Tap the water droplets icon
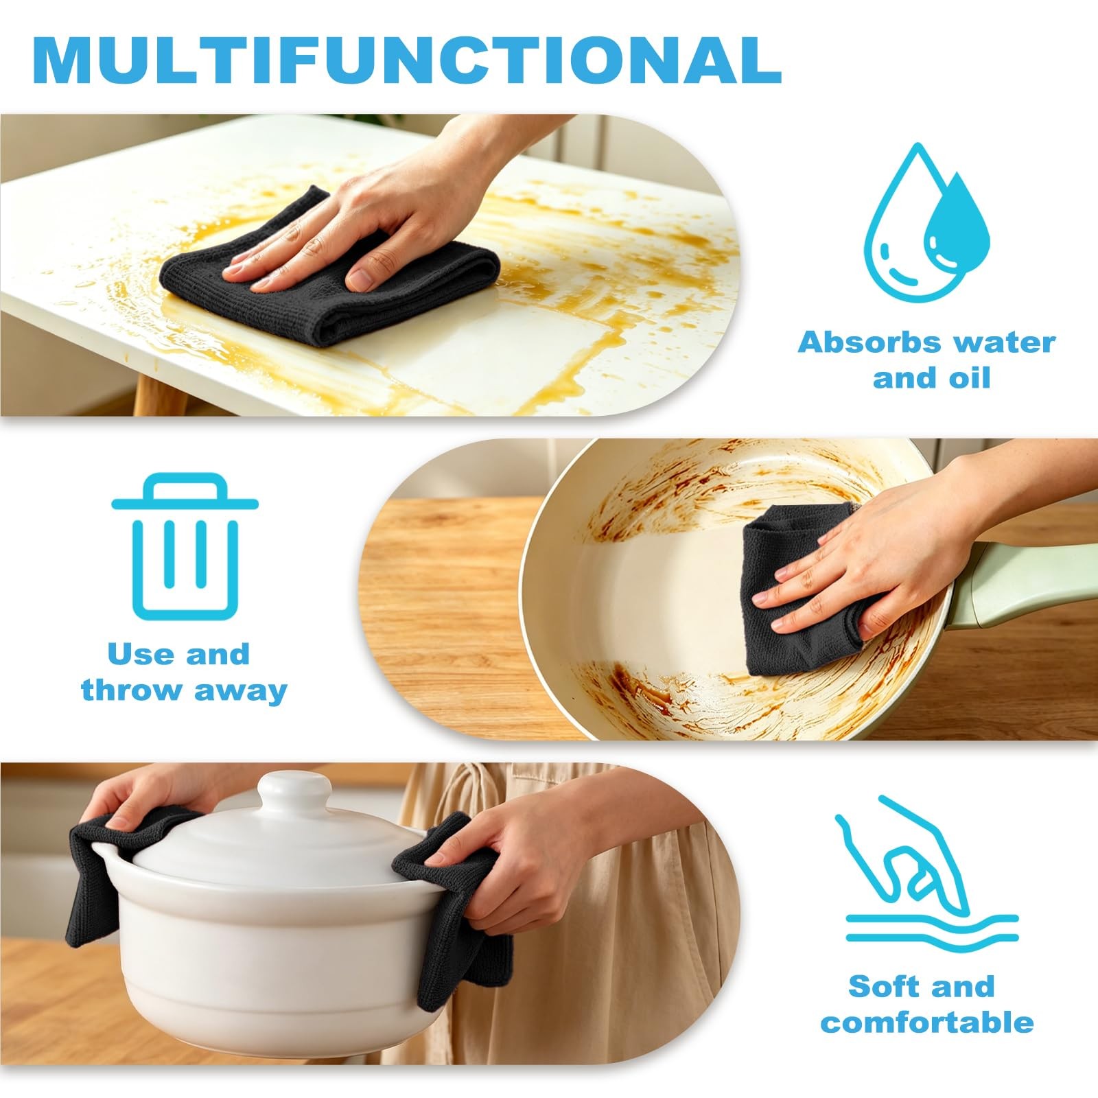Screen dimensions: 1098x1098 [926, 222]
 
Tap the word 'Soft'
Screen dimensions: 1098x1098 [880, 987]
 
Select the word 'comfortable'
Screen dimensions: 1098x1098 [927, 1023]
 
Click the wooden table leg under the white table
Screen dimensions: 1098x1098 [156, 394]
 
